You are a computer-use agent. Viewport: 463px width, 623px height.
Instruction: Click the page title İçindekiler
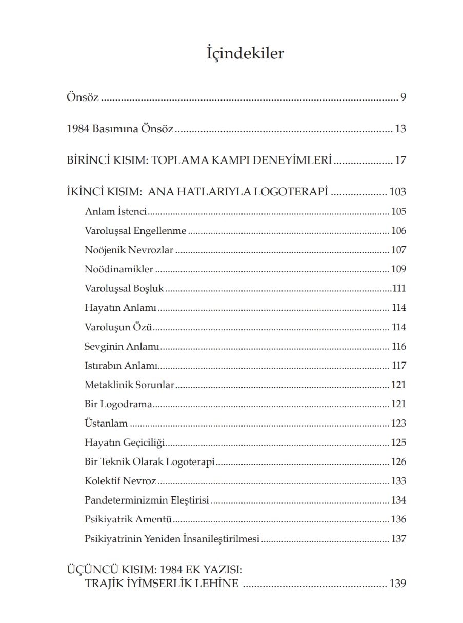[x=245, y=53]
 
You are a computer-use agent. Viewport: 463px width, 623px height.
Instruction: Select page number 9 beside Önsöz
[x=403, y=97]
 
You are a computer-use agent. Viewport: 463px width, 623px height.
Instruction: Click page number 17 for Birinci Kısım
[x=400, y=160]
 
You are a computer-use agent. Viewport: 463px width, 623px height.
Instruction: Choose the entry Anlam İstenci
[x=116, y=211]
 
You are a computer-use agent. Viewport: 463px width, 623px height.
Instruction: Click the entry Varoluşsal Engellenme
[x=135, y=231]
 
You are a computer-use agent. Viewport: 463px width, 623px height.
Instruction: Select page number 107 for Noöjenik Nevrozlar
[x=398, y=250]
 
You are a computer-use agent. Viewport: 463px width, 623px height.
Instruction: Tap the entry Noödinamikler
[x=119, y=269]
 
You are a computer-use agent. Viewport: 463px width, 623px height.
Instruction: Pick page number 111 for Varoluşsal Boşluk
[x=399, y=289]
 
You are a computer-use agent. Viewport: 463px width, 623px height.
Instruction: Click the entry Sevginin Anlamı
[x=122, y=347]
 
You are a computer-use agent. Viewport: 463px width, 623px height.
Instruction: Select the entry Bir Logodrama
[x=118, y=404]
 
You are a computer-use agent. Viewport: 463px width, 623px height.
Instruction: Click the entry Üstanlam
[x=106, y=424]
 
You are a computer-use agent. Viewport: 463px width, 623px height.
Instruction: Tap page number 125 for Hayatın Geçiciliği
[x=398, y=443]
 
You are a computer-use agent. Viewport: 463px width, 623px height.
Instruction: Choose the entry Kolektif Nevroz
[x=120, y=481]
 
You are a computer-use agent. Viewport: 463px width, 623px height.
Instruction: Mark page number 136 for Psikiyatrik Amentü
[x=398, y=519]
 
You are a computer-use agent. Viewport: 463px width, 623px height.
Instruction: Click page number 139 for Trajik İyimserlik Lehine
[x=397, y=584]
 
